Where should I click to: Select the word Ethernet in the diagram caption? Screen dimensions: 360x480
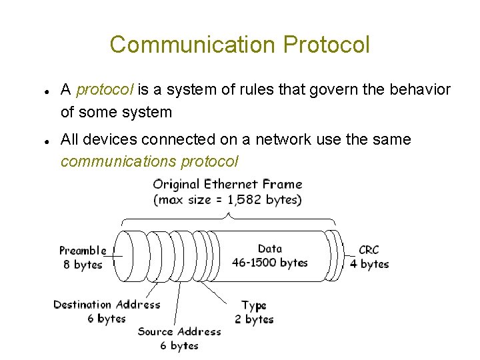pos(231,184)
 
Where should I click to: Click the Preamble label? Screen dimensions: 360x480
pos(83,251)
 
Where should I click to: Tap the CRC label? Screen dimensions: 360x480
pos(368,250)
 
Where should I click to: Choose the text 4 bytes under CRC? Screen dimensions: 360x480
pos(369,264)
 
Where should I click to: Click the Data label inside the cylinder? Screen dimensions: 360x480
pos(269,249)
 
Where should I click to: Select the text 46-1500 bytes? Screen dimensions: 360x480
pos(269,263)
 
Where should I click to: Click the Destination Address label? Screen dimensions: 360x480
pos(107,305)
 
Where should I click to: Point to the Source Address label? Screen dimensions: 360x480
pos(179,331)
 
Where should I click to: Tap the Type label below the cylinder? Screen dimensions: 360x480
pos(254,305)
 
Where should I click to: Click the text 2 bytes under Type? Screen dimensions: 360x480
pos(254,319)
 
